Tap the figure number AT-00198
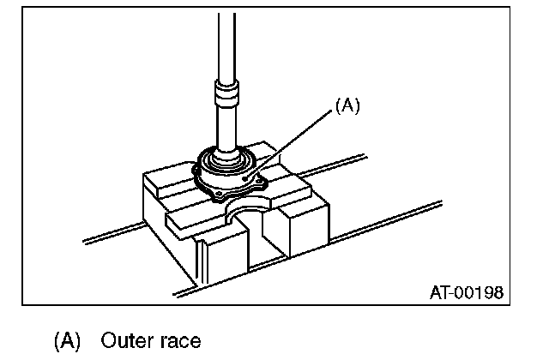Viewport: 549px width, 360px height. [466, 293]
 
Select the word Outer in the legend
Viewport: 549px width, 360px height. [128, 340]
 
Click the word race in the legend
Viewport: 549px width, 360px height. [181, 340]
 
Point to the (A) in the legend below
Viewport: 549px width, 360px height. [68, 340]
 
